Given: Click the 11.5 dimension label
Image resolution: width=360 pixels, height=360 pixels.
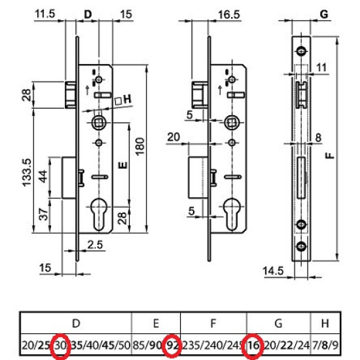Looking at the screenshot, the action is click(x=45, y=14).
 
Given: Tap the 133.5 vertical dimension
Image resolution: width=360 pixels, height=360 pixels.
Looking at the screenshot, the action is click(x=27, y=173).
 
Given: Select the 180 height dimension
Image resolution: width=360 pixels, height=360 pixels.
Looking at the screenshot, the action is click(x=140, y=147).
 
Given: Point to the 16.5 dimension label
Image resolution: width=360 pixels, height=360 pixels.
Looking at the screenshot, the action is click(x=229, y=14).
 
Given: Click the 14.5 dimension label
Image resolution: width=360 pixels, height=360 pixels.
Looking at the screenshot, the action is click(x=273, y=271).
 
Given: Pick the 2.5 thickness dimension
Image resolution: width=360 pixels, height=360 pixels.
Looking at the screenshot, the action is click(x=96, y=245).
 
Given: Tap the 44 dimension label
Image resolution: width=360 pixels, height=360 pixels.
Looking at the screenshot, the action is click(x=43, y=176).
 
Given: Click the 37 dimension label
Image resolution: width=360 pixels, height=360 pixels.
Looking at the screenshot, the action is click(x=43, y=214).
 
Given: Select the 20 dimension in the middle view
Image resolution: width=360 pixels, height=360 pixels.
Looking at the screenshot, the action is click(x=173, y=137).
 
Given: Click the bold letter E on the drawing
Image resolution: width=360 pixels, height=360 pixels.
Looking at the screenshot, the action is click(x=123, y=166).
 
